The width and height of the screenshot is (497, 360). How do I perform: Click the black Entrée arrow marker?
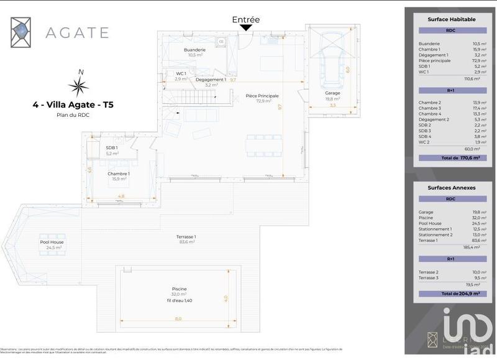pyautogui.click(x=246, y=27)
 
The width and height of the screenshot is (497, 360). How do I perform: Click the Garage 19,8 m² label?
pyautogui.click(x=332, y=96)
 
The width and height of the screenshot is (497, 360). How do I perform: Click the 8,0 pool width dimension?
pyautogui.click(x=178, y=318)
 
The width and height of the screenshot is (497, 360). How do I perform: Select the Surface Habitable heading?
pyautogui.click(x=452, y=20)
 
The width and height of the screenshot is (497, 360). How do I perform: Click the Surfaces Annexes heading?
pyautogui.click(x=452, y=187)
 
